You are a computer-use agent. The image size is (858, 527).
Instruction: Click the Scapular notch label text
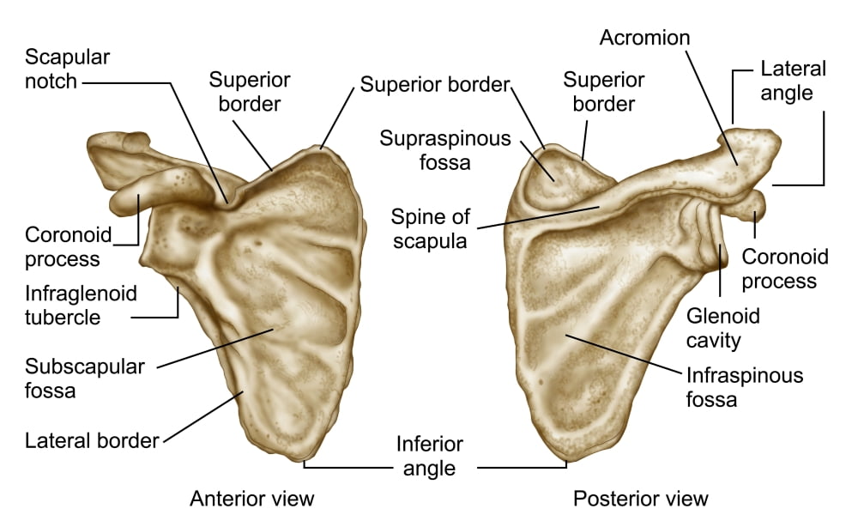pyautogui.click(x=67, y=69)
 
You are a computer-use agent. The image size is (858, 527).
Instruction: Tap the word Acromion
pyautogui.click(x=644, y=38)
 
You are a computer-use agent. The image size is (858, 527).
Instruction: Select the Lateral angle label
pyautogui.click(x=793, y=81)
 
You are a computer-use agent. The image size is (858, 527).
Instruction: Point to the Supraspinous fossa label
pyautogui.click(x=444, y=150)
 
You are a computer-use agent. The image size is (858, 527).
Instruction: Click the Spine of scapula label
pyautogui.click(x=430, y=229)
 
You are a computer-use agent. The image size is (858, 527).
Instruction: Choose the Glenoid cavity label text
pyautogui.click(x=722, y=328)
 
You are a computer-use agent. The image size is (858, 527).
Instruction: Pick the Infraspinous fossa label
pyautogui.click(x=745, y=387)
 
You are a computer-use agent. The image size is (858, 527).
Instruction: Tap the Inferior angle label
pyautogui.click(x=430, y=456)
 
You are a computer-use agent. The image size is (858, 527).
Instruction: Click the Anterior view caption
pyautogui.click(x=252, y=499)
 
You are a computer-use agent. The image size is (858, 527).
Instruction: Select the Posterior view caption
pyautogui.click(x=641, y=499)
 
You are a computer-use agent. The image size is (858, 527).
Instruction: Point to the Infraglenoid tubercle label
pyautogui.click(x=81, y=305)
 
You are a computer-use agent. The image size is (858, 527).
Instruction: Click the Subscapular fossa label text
pyautogui.click(x=85, y=379)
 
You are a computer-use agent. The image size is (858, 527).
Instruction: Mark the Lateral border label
pyautogui.click(x=92, y=440)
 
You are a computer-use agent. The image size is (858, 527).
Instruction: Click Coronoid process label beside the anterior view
pyautogui.click(x=68, y=246)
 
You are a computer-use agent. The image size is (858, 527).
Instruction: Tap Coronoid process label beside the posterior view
pyautogui.click(x=785, y=269)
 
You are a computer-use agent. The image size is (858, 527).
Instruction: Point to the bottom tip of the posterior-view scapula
pyautogui.click(x=566, y=460)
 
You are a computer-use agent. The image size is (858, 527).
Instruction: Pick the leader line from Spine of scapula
pyautogui.click(x=539, y=217)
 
